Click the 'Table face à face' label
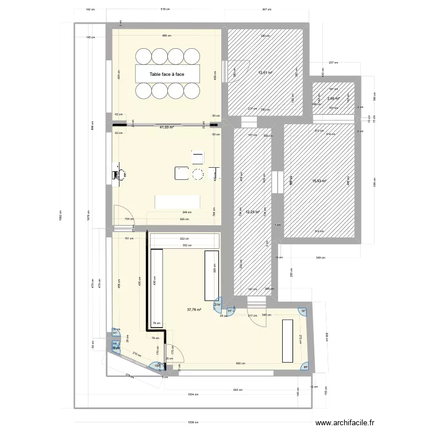click(167, 74)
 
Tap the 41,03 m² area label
click(167, 128)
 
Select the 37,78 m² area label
click(194, 309)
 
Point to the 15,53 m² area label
click(319, 181)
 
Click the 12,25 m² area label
click(252, 212)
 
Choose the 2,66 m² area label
click(333, 98)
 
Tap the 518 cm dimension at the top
click(166, 10)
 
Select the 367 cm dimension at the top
click(266, 10)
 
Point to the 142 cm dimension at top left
click(90, 10)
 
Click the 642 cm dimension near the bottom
click(237, 390)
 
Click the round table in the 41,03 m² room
click(198, 175)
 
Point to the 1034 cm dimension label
click(192, 395)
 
